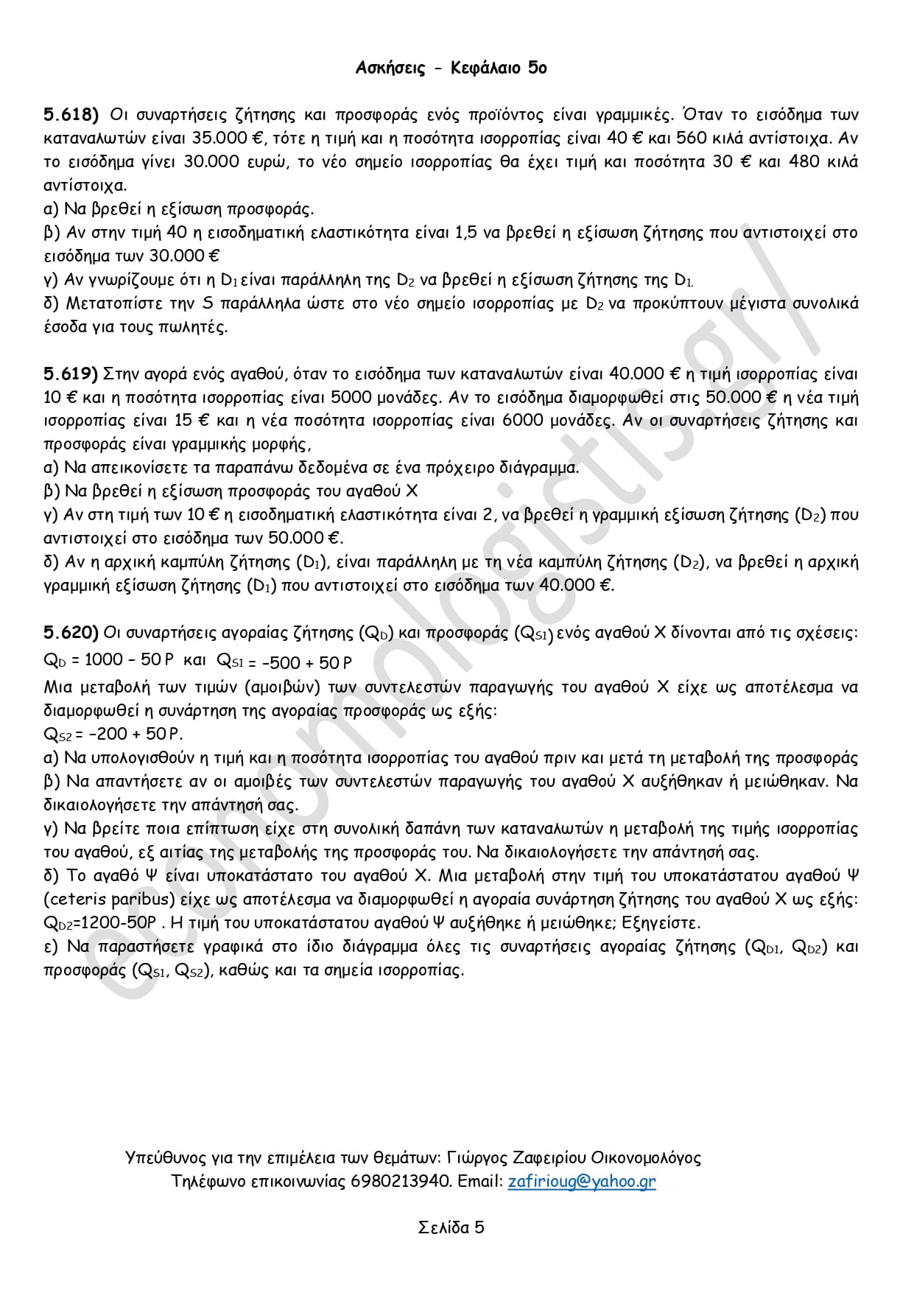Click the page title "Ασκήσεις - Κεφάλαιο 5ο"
point(451,69)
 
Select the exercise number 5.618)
point(71,115)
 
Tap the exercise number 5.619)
point(71,374)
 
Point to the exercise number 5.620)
point(71,633)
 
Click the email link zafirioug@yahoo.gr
point(581,1182)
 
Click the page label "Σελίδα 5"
point(451,1228)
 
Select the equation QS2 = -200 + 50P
point(113,734)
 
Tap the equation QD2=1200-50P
point(100,923)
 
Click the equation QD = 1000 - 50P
point(103,660)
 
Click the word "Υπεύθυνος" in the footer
point(161,1158)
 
